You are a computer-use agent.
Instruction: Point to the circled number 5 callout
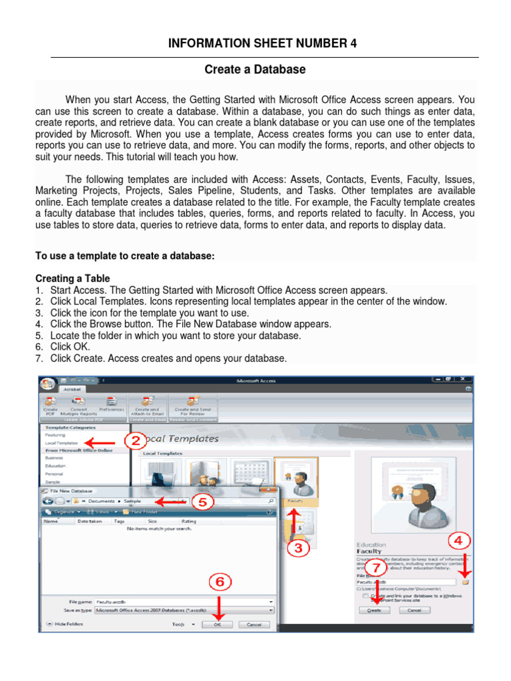pyautogui.click(x=203, y=501)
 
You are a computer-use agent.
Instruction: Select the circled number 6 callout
pyautogui.click(x=220, y=583)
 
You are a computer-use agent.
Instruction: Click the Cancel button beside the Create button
pyautogui.click(x=414, y=610)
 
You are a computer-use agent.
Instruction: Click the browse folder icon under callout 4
pyautogui.click(x=466, y=581)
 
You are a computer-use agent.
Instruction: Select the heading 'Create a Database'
pyautogui.click(x=255, y=69)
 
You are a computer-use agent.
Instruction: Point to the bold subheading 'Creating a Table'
pyautogui.click(x=73, y=278)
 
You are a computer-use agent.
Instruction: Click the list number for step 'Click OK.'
pyautogui.click(x=39, y=347)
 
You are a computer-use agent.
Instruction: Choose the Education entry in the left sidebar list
pyautogui.click(x=55, y=466)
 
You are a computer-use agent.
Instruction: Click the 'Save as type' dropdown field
pyautogui.click(x=184, y=609)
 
